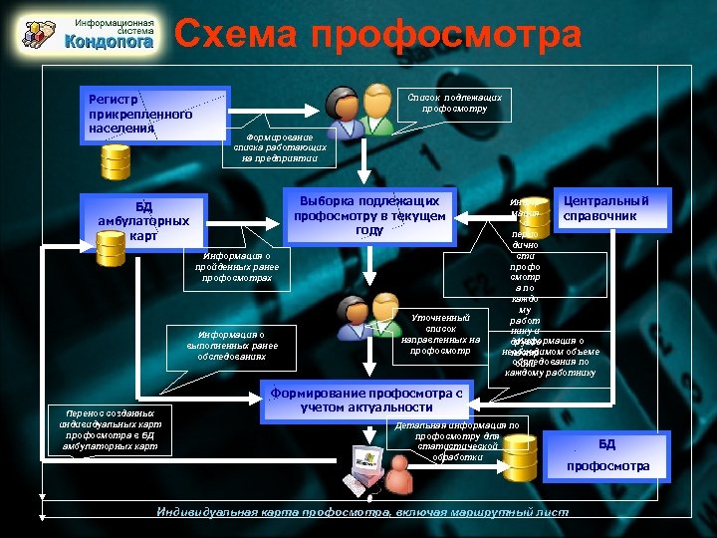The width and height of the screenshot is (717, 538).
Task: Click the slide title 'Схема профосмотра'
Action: point(378,35)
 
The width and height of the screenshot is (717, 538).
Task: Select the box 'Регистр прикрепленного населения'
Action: point(154,113)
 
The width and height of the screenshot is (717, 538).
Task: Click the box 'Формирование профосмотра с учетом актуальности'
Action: point(368,400)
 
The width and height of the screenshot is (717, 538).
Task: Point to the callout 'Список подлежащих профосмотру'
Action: point(453,103)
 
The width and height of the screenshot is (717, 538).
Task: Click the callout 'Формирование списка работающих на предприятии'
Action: point(280,149)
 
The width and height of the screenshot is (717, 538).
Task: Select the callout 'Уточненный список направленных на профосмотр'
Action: point(441,335)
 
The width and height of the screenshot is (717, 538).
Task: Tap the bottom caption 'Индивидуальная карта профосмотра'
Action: point(363,512)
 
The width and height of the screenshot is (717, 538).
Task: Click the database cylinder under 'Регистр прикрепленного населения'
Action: point(116,158)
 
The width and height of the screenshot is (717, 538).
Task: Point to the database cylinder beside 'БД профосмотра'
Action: point(520,457)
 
